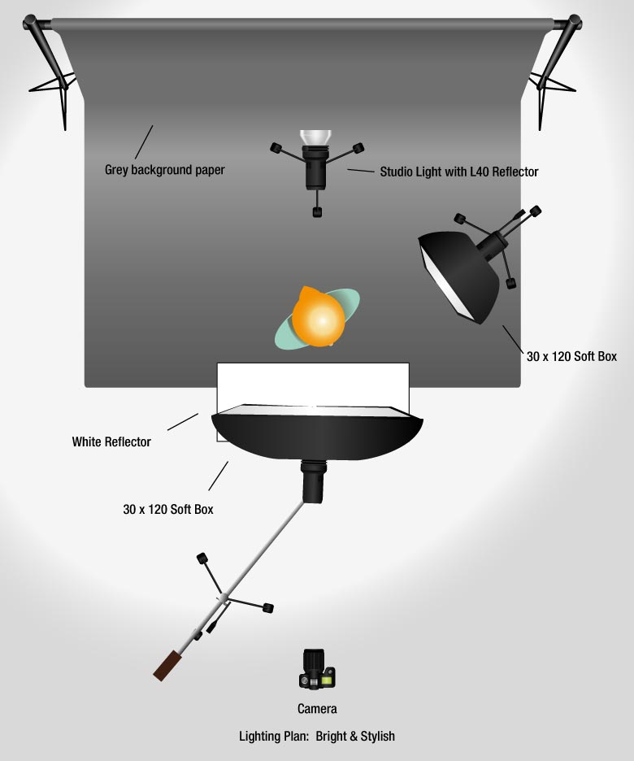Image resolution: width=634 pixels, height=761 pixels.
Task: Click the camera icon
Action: [317, 669]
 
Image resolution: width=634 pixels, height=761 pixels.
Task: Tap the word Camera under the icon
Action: [317, 709]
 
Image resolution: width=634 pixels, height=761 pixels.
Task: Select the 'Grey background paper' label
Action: [164, 170]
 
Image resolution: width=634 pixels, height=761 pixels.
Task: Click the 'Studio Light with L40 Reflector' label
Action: [459, 172]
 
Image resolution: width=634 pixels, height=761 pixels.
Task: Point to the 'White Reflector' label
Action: [111, 441]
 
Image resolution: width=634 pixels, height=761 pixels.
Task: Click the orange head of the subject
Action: [318, 317]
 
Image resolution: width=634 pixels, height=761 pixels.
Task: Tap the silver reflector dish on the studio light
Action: [315, 137]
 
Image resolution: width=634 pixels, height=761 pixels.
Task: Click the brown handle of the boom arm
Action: [167, 667]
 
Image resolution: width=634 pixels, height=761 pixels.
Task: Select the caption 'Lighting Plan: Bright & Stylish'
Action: [317, 737]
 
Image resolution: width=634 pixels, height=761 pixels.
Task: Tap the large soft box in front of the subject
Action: [317, 432]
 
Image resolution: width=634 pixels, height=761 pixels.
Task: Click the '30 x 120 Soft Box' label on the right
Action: [571, 356]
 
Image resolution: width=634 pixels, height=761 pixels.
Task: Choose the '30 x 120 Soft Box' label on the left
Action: [167, 509]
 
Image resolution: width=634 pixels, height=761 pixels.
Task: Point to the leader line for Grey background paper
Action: [144, 142]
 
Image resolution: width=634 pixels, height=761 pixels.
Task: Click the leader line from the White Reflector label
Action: [183, 422]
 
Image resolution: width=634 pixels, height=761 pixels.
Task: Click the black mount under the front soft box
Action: [313, 481]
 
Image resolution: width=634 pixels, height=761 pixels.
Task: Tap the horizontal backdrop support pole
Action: [302, 24]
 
